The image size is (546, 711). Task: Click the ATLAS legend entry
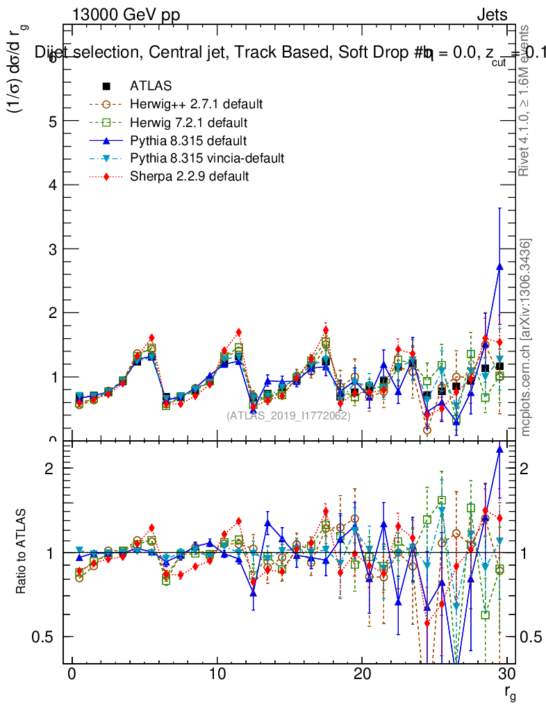[150, 86]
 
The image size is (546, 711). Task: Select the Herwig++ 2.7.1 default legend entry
[196, 104]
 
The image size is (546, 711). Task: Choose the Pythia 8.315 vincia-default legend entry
[207, 158]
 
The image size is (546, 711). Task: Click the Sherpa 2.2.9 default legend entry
[189, 176]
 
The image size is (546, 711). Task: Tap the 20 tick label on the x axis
[362, 674]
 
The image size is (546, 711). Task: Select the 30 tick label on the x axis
[506, 674]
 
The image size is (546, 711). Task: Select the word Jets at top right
[492, 15]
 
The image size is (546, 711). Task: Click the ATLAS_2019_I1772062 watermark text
[288, 416]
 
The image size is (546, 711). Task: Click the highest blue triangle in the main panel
[499, 266]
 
